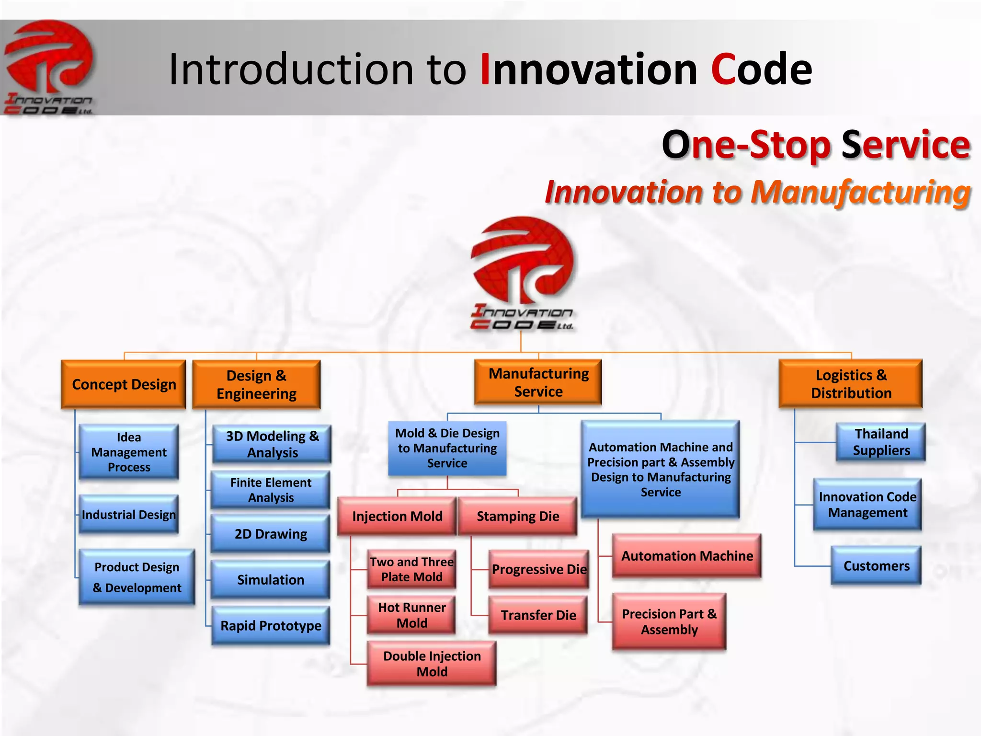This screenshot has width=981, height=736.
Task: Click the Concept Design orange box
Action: tap(124, 384)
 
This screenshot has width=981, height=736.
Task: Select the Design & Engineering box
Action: tap(256, 384)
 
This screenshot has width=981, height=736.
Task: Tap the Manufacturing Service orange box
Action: tap(538, 382)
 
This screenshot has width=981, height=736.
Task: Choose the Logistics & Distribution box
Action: tap(851, 384)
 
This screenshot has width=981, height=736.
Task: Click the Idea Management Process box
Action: tap(129, 452)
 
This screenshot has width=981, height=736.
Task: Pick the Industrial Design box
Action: tap(129, 515)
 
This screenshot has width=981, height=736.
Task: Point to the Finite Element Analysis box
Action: tap(271, 490)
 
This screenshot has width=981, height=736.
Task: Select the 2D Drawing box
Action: tap(271, 534)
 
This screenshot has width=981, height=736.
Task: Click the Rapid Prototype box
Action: tap(271, 625)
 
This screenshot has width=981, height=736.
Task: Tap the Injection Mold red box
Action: tap(397, 516)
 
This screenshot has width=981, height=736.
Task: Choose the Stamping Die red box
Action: tap(518, 516)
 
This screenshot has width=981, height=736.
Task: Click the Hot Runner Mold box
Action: tap(411, 615)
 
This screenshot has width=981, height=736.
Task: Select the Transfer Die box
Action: tap(538, 615)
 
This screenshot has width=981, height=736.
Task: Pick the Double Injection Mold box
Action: tap(432, 664)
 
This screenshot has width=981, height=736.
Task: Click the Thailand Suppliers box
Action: tap(881, 442)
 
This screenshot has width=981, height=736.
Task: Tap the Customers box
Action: tap(876, 566)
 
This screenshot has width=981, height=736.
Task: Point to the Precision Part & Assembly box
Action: tap(669, 621)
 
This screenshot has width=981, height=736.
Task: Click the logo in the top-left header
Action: tap(49, 67)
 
